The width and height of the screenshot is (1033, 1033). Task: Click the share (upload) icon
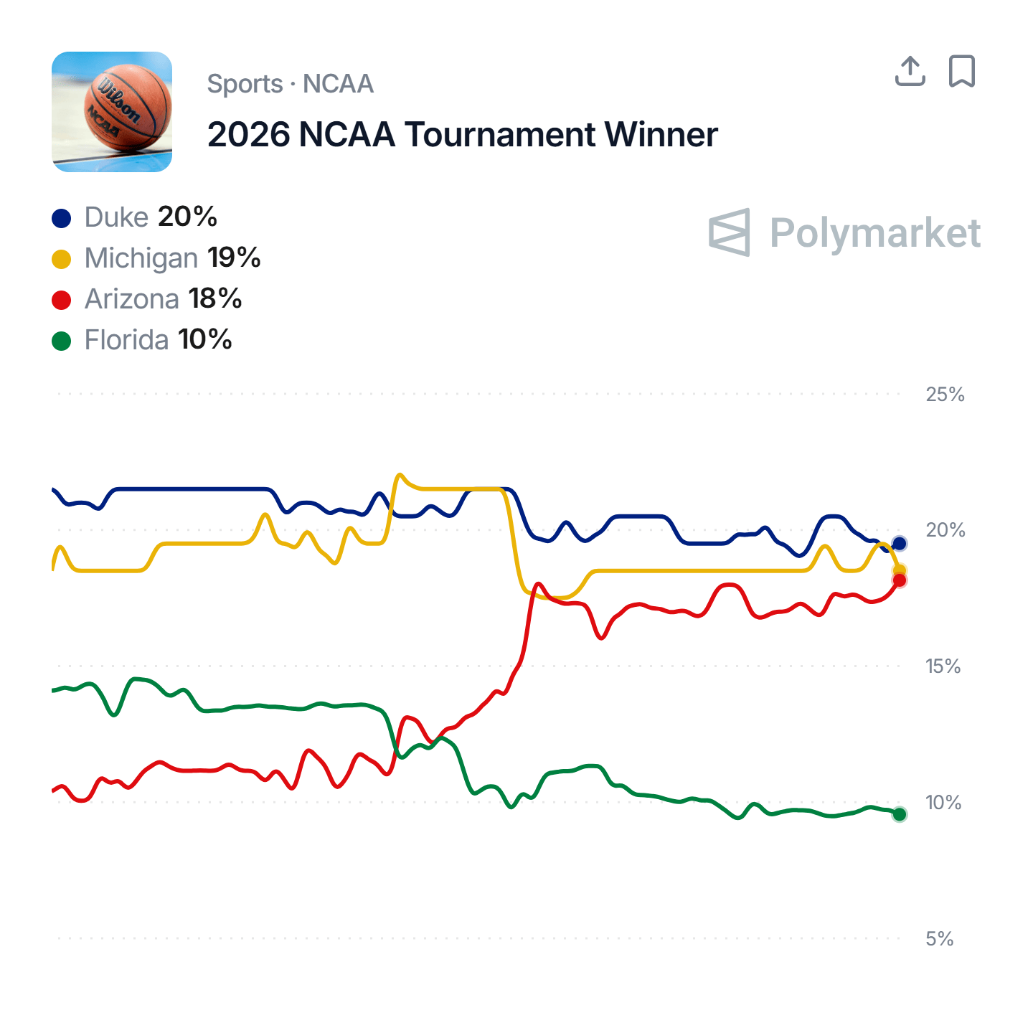[910, 71]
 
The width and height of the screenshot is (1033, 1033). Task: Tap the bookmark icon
[962, 71]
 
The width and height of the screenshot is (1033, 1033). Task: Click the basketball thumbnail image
[112, 112]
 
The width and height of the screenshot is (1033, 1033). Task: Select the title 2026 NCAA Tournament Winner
[462, 135]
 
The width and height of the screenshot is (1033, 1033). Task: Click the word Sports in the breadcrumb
[245, 84]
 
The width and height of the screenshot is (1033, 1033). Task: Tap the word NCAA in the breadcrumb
[338, 84]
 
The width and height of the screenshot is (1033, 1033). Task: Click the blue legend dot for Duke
[62, 218]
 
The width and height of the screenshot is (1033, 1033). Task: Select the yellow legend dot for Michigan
[62, 259]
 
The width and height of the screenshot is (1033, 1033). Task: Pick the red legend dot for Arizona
[62, 300]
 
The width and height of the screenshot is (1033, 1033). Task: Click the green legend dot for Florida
[62, 341]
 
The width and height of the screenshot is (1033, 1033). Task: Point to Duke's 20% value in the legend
[187, 217]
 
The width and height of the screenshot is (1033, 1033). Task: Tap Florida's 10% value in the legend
[205, 339]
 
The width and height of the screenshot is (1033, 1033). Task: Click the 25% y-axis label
[945, 394]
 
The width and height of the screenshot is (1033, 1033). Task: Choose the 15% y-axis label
[943, 666]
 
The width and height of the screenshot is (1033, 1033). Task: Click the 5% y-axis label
[939, 938]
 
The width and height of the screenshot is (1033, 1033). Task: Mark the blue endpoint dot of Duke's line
[899, 544]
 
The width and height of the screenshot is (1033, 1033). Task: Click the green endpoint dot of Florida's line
[899, 814]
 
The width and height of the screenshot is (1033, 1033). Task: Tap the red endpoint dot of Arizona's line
[899, 580]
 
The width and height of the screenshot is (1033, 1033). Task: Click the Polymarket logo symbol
[730, 232]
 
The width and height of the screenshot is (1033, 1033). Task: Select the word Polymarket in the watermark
[874, 233]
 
